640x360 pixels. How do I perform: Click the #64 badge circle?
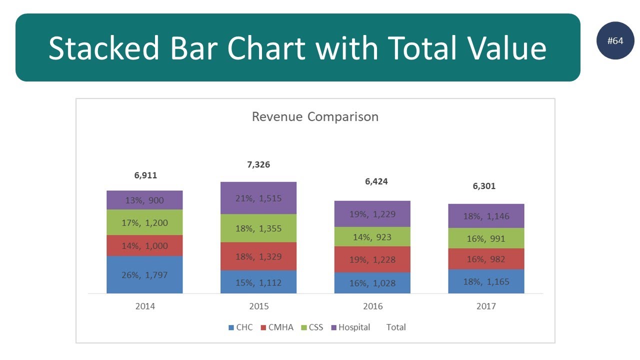pyautogui.click(x=615, y=41)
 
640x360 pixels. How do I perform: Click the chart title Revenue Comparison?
pyautogui.click(x=315, y=117)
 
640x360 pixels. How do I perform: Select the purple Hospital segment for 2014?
pyautogui.click(x=144, y=200)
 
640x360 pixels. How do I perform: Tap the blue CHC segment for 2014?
pyautogui.click(x=144, y=274)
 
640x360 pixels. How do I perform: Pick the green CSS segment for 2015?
pyautogui.click(x=258, y=228)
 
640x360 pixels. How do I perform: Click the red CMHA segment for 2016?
pyautogui.click(x=372, y=259)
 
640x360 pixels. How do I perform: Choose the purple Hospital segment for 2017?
pyautogui.click(x=486, y=216)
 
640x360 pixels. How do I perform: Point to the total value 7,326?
pyautogui.click(x=258, y=164)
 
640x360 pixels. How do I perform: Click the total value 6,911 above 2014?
pyautogui.click(x=145, y=175)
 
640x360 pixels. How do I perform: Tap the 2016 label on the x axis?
pyautogui.click(x=372, y=306)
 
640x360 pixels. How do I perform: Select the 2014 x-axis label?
pyautogui.click(x=145, y=306)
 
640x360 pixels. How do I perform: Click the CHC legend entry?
pyautogui.click(x=240, y=327)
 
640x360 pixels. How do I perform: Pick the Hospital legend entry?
pyautogui.click(x=350, y=327)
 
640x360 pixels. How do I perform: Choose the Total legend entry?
pyautogui.click(x=396, y=327)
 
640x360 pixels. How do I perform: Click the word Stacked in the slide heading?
pyautogui.click(x=103, y=48)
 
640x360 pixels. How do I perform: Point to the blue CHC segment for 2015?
pyautogui.click(x=258, y=282)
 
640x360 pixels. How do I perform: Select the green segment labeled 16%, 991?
pyautogui.click(x=486, y=238)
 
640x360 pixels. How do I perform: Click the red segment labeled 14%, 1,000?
pyautogui.click(x=144, y=245)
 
